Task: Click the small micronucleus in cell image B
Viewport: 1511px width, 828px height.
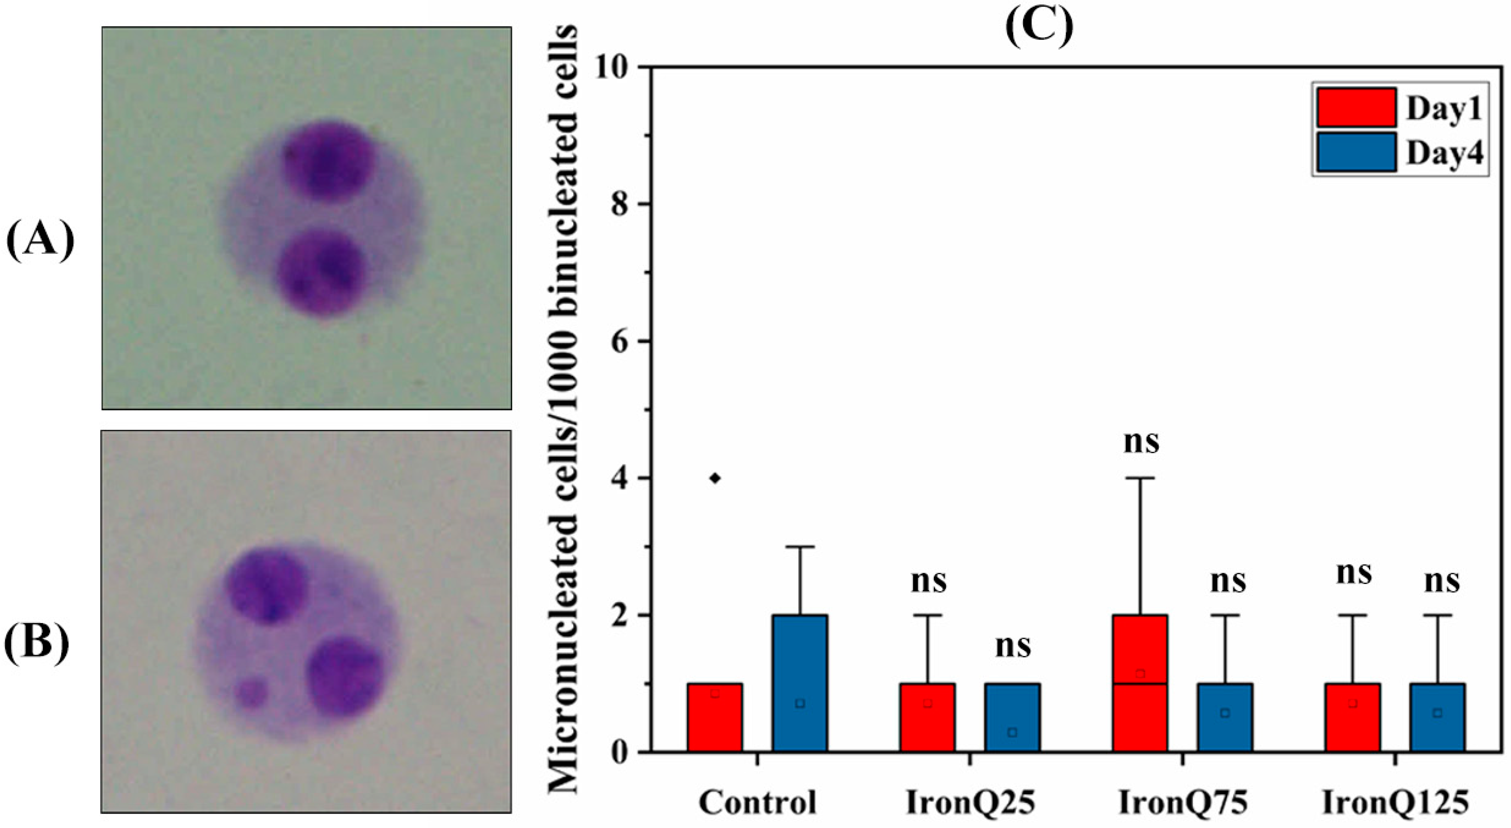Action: click(252, 692)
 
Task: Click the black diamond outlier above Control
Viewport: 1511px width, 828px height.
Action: click(715, 478)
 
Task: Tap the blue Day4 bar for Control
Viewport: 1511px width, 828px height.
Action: click(800, 683)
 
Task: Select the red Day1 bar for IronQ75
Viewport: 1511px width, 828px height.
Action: click(1140, 683)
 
